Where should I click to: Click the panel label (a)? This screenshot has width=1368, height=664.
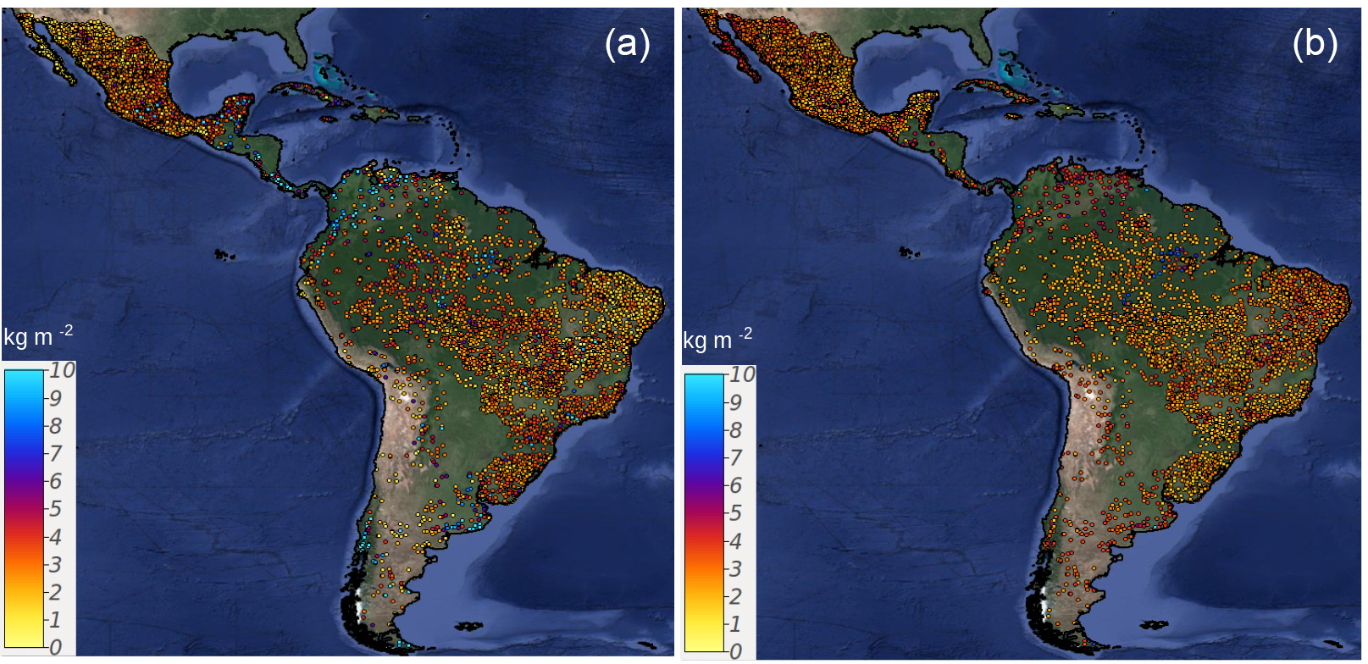(x=627, y=43)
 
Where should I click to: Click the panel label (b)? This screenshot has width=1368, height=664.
(x=1315, y=43)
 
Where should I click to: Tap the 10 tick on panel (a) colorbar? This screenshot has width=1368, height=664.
(x=61, y=370)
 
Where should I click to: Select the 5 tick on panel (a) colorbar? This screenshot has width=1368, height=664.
(x=55, y=508)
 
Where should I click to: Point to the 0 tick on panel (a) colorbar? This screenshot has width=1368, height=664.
(x=55, y=647)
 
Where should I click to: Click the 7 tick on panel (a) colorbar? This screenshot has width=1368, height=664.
(x=55, y=453)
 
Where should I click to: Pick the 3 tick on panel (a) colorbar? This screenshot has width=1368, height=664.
(x=55, y=564)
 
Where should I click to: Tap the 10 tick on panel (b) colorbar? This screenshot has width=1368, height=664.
(x=741, y=374)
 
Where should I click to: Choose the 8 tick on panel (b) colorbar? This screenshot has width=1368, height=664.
(x=735, y=429)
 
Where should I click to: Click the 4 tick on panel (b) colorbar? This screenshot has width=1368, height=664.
(x=735, y=540)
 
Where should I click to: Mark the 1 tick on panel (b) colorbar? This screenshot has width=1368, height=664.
(x=735, y=623)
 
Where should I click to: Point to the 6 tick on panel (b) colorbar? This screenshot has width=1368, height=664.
(x=735, y=485)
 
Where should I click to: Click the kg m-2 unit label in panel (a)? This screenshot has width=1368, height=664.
(x=38, y=336)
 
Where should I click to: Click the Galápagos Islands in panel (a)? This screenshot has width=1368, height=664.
(x=222, y=253)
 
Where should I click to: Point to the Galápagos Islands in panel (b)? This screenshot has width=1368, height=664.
(x=908, y=252)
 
